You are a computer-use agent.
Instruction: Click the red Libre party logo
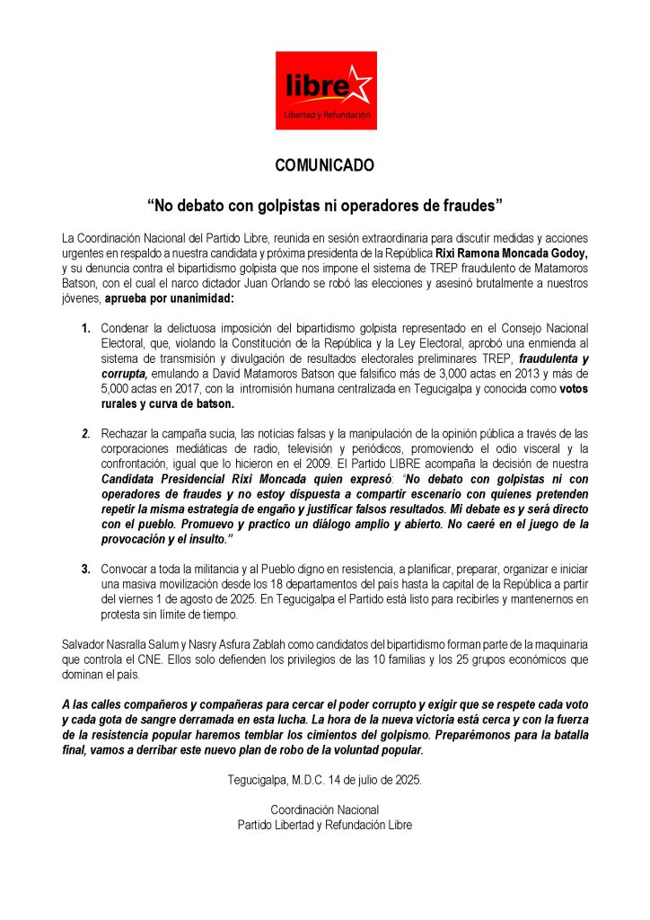point(325,90)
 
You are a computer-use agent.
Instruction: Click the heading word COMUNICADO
point(324,166)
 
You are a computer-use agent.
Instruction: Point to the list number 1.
point(86,329)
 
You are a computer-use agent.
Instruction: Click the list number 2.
point(86,434)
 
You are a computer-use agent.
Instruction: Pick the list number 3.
point(86,568)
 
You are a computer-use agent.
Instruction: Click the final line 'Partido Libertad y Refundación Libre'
point(325,824)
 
